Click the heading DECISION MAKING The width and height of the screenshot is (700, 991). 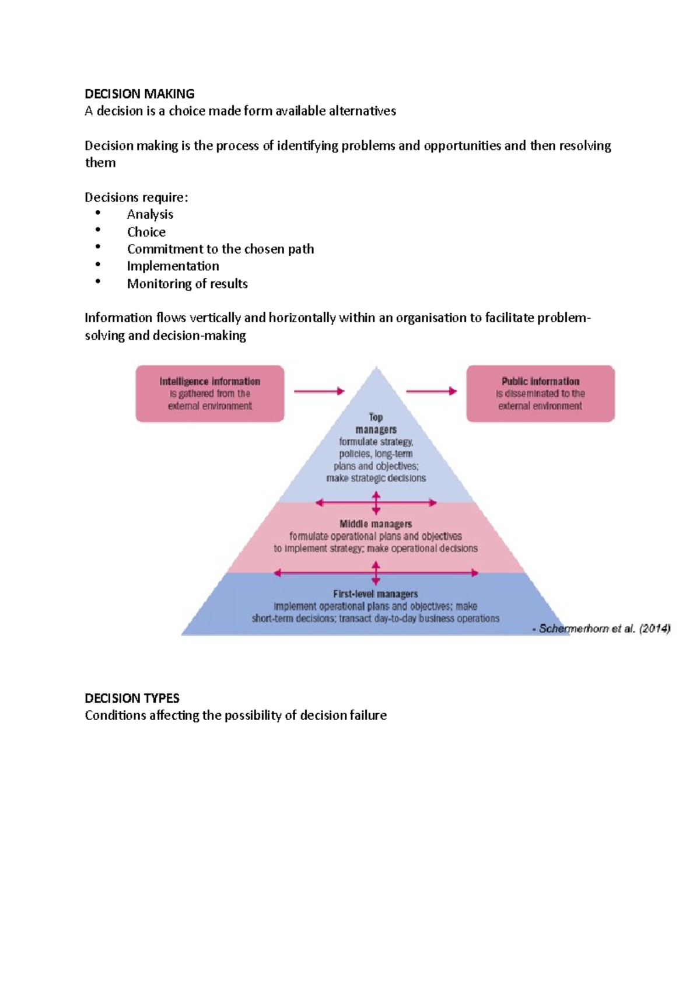(139, 94)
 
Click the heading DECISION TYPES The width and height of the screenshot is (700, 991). (132, 698)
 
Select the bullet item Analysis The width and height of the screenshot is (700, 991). (150, 214)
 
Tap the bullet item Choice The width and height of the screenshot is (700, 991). (146, 232)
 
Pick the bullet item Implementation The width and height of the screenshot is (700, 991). (173, 266)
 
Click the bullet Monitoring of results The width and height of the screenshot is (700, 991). (187, 284)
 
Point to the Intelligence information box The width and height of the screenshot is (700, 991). (210, 393)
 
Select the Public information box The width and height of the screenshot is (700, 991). (540, 393)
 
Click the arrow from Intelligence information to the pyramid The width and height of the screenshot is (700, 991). (318, 391)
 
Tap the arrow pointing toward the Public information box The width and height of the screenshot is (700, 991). (431, 391)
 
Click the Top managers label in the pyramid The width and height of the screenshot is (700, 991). (376, 423)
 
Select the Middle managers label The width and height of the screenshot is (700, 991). (376, 524)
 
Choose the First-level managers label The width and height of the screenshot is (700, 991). (376, 594)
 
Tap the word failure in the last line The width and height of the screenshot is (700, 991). (367, 716)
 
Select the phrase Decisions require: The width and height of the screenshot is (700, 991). (136, 197)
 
